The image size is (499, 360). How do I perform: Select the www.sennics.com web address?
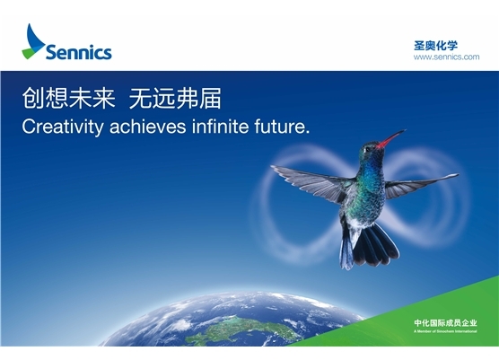[x=445, y=57]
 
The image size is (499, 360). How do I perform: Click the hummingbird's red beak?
[x=391, y=138]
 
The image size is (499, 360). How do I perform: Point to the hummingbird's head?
[x=370, y=150]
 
